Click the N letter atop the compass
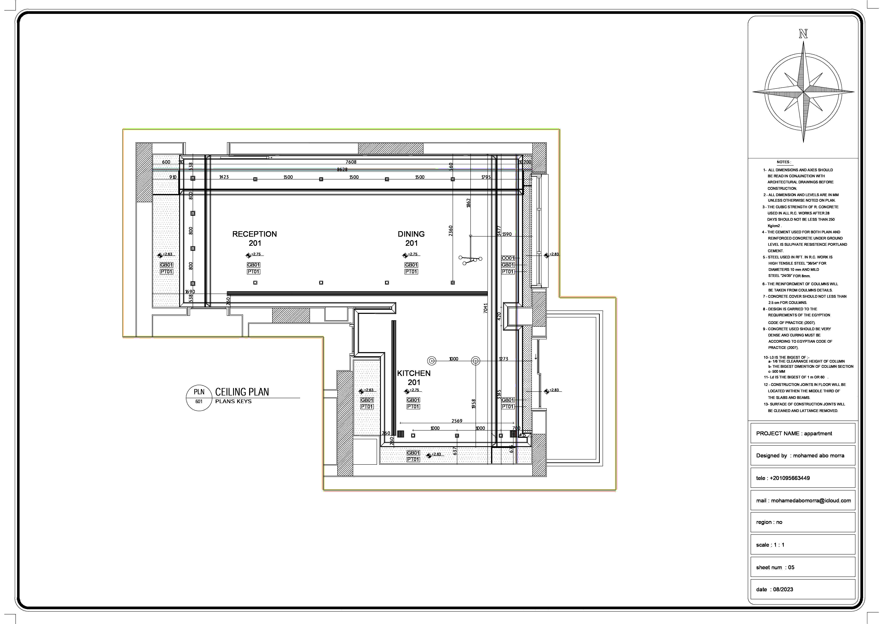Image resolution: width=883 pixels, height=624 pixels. point(803,34)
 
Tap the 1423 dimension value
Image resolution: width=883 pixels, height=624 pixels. point(224,177)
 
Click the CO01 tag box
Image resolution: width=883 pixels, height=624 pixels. point(508,258)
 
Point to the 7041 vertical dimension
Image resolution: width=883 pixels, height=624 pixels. point(485,308)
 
